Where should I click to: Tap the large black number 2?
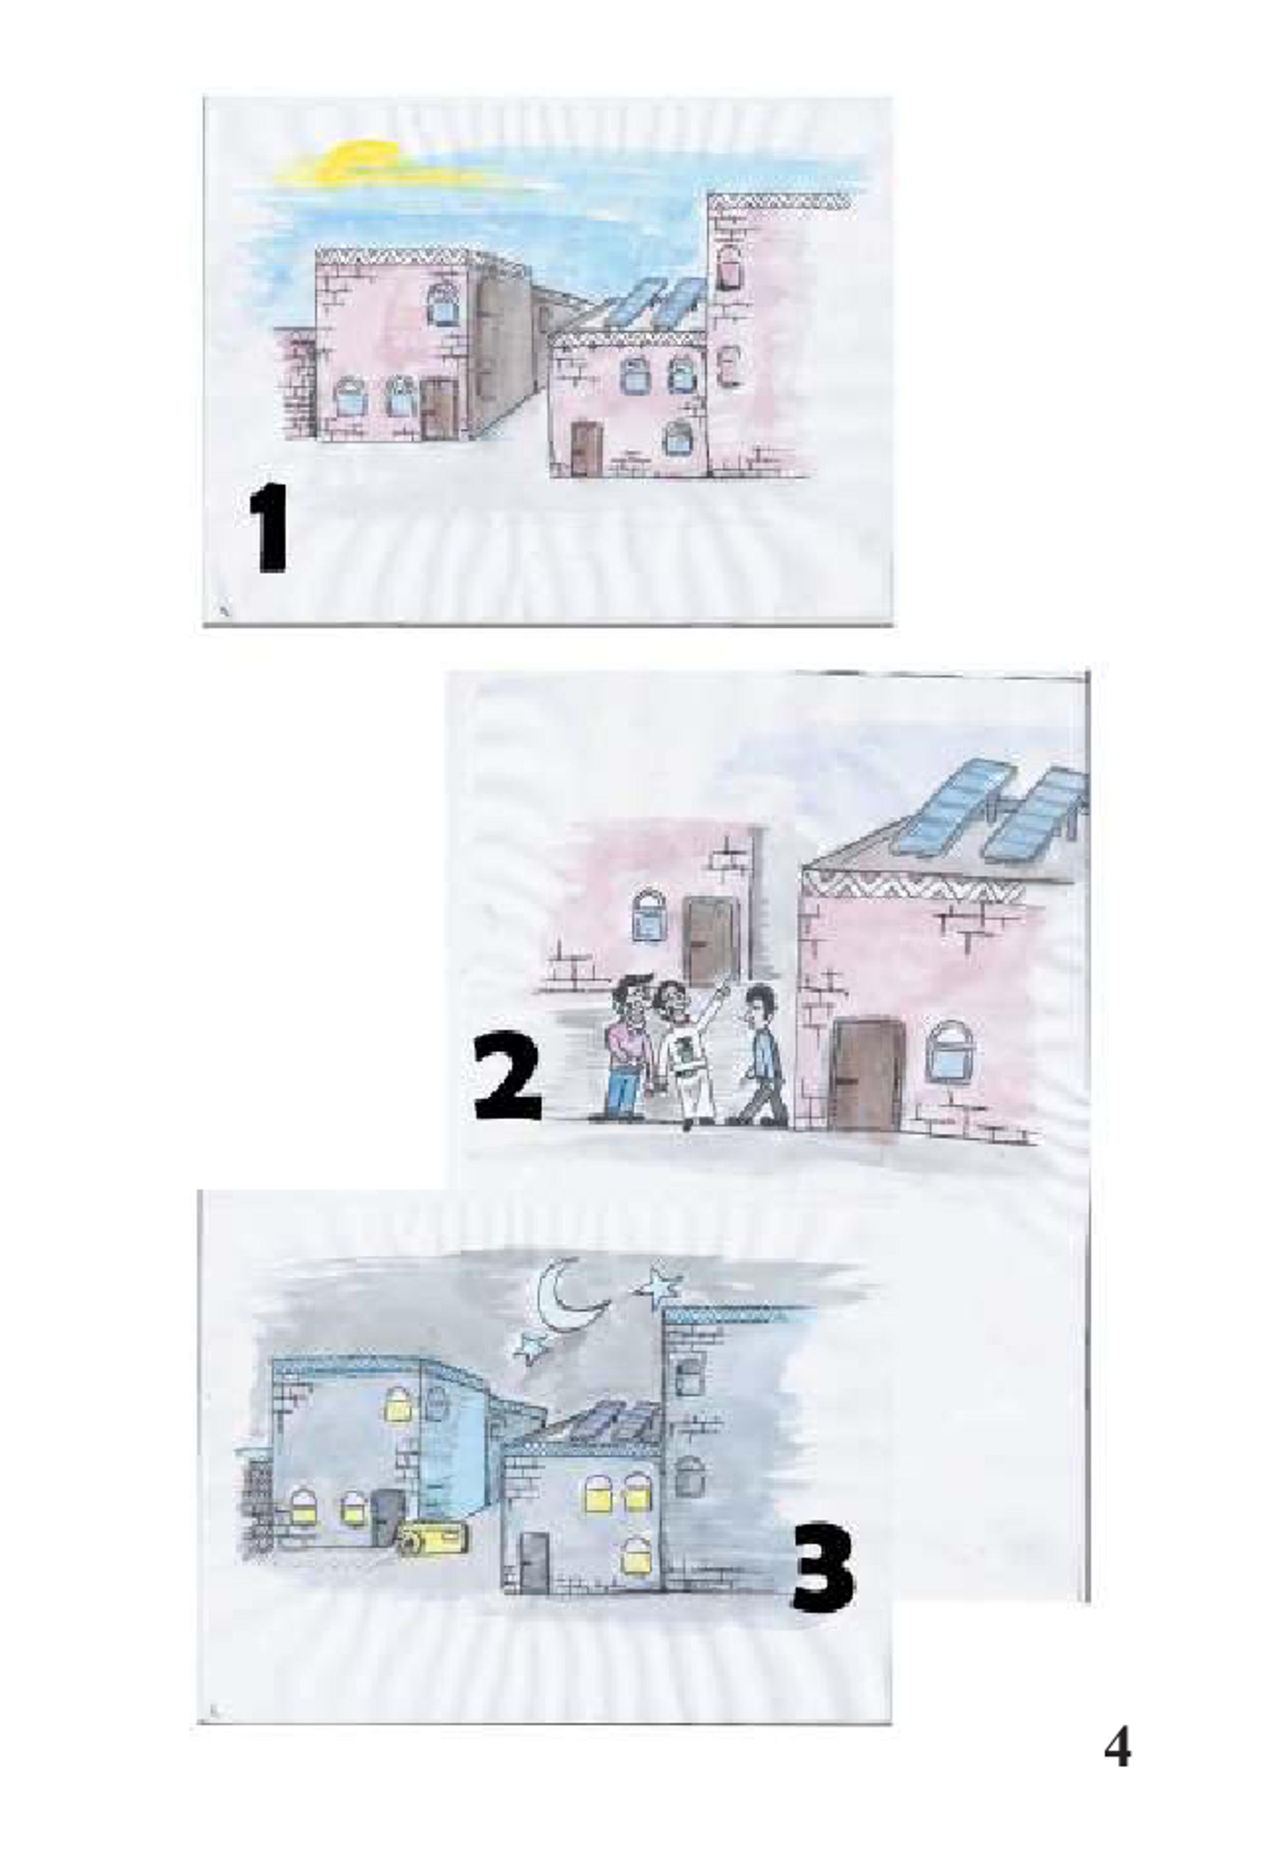507,1081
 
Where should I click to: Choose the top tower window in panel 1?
730,267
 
